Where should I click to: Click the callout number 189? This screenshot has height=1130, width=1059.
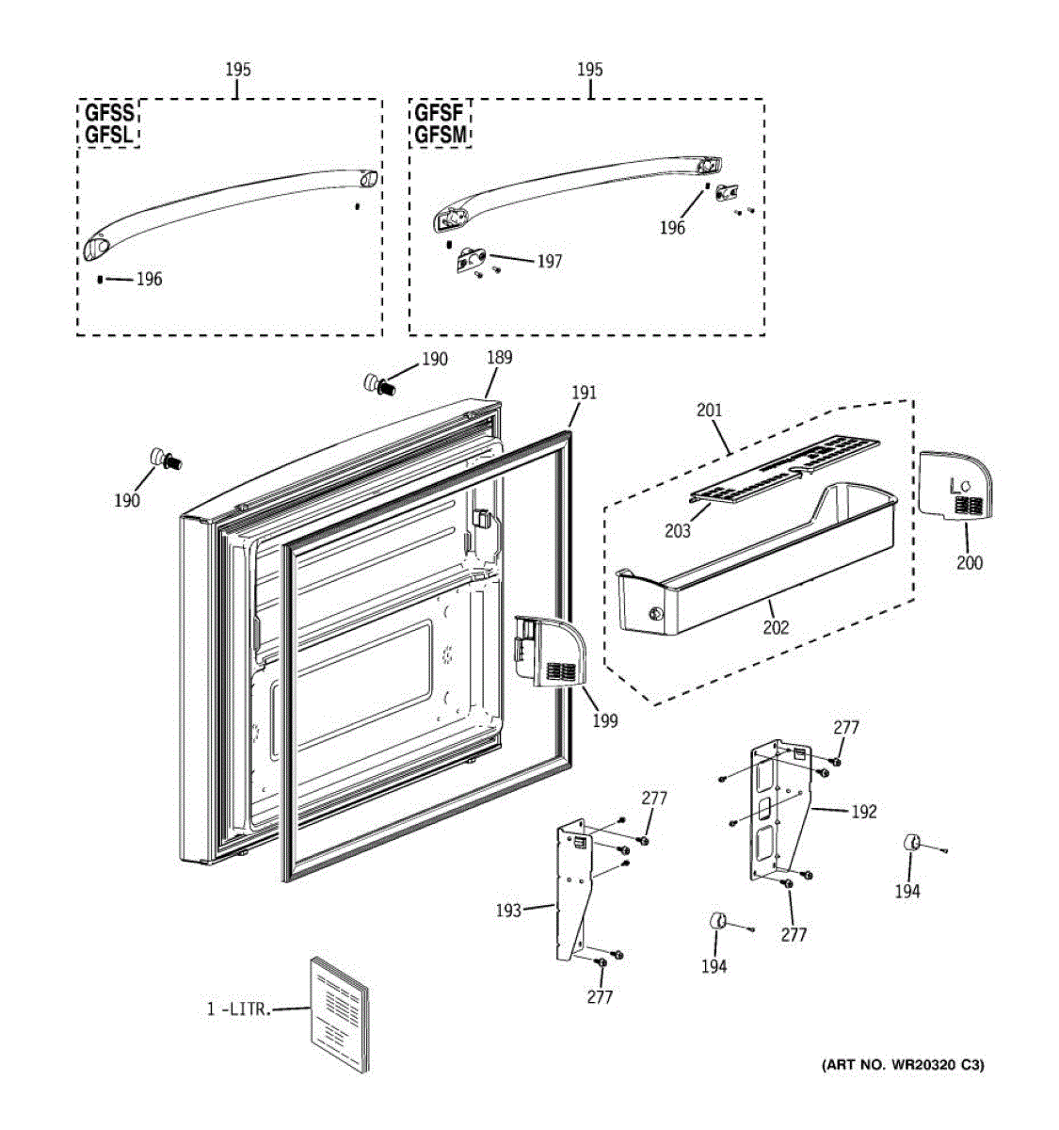(500, 358)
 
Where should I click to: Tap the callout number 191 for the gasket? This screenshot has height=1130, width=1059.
(584, 393)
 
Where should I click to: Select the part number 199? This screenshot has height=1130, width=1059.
(605, 720)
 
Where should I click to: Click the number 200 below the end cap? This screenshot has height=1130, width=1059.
(969, 563)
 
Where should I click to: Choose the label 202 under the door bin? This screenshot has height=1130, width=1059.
(776, 627)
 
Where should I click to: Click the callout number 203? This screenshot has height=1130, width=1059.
(677, 531)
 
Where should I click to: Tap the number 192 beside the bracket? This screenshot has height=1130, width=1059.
(863, 812)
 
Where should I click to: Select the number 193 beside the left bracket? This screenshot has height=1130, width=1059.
(508, 911)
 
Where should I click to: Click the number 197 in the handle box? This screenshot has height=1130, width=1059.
(549, 261)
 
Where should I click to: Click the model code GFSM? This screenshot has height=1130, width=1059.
(441, 135)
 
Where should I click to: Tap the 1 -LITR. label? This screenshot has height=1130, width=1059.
(239, 1009)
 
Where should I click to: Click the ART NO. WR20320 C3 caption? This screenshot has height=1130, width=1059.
(903, 1065)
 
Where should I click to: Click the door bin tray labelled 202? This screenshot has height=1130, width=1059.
(753, 565)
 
